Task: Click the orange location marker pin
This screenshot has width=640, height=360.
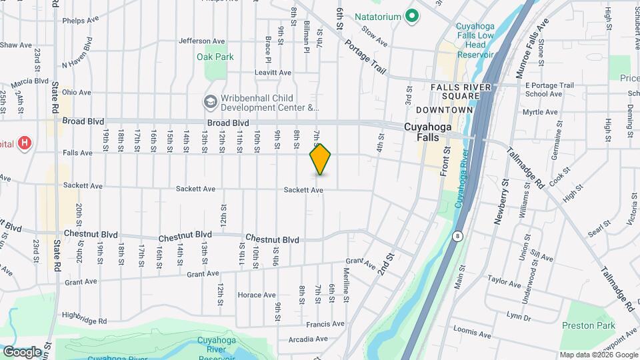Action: (321, 159)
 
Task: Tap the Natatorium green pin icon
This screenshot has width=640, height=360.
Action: (412, 15)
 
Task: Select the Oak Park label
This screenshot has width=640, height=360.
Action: (215, 57)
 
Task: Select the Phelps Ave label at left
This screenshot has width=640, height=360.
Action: (81, 21)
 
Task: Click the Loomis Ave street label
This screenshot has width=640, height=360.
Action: (471, 331)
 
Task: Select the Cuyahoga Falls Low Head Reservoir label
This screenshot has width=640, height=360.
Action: (475, 41)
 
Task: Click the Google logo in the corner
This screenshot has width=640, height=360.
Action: (21, 351)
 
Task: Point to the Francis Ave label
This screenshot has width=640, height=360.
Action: (325, 324)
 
